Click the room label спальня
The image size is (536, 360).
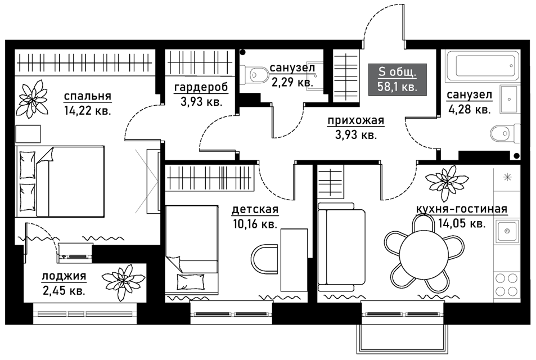(x=88, y=96)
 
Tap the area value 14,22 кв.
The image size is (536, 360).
(x=88, y=111)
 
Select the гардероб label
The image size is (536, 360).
(x=201, y=88)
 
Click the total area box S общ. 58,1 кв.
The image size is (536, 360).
(x=397, y=79)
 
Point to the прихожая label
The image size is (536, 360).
(x=356, y=121)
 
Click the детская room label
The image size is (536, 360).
(x=255, y=209)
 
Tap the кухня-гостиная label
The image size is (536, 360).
(x=462, y=209)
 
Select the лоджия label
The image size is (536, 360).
(x=64, y=276)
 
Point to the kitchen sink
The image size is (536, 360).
(x=507, y=231)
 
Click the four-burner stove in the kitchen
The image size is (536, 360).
(x=507, y=283)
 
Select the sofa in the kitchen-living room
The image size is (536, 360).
(x=341, y=246)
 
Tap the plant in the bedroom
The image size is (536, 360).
(x=33, y=98)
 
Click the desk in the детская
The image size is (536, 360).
(x=294, y=259)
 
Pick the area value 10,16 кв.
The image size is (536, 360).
(x=255, y=224)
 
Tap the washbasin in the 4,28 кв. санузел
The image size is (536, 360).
(x=510, y=100)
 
